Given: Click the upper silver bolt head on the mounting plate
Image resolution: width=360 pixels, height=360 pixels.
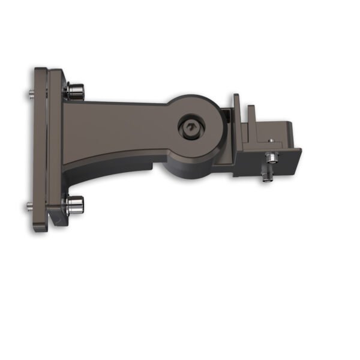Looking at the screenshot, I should [76, 91].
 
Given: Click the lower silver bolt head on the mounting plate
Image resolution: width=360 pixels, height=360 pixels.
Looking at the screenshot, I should [76, 205].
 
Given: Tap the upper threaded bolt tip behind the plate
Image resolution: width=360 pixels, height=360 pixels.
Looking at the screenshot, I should [30, 94].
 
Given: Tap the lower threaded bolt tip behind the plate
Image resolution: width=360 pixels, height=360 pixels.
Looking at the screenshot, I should [30, 208].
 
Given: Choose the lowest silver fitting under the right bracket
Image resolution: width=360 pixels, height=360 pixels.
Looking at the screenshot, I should [266, 178].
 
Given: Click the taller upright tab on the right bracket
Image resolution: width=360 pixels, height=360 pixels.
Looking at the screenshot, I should [236, 105].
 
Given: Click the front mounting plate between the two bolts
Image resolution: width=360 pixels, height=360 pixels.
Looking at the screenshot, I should [56, 150].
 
